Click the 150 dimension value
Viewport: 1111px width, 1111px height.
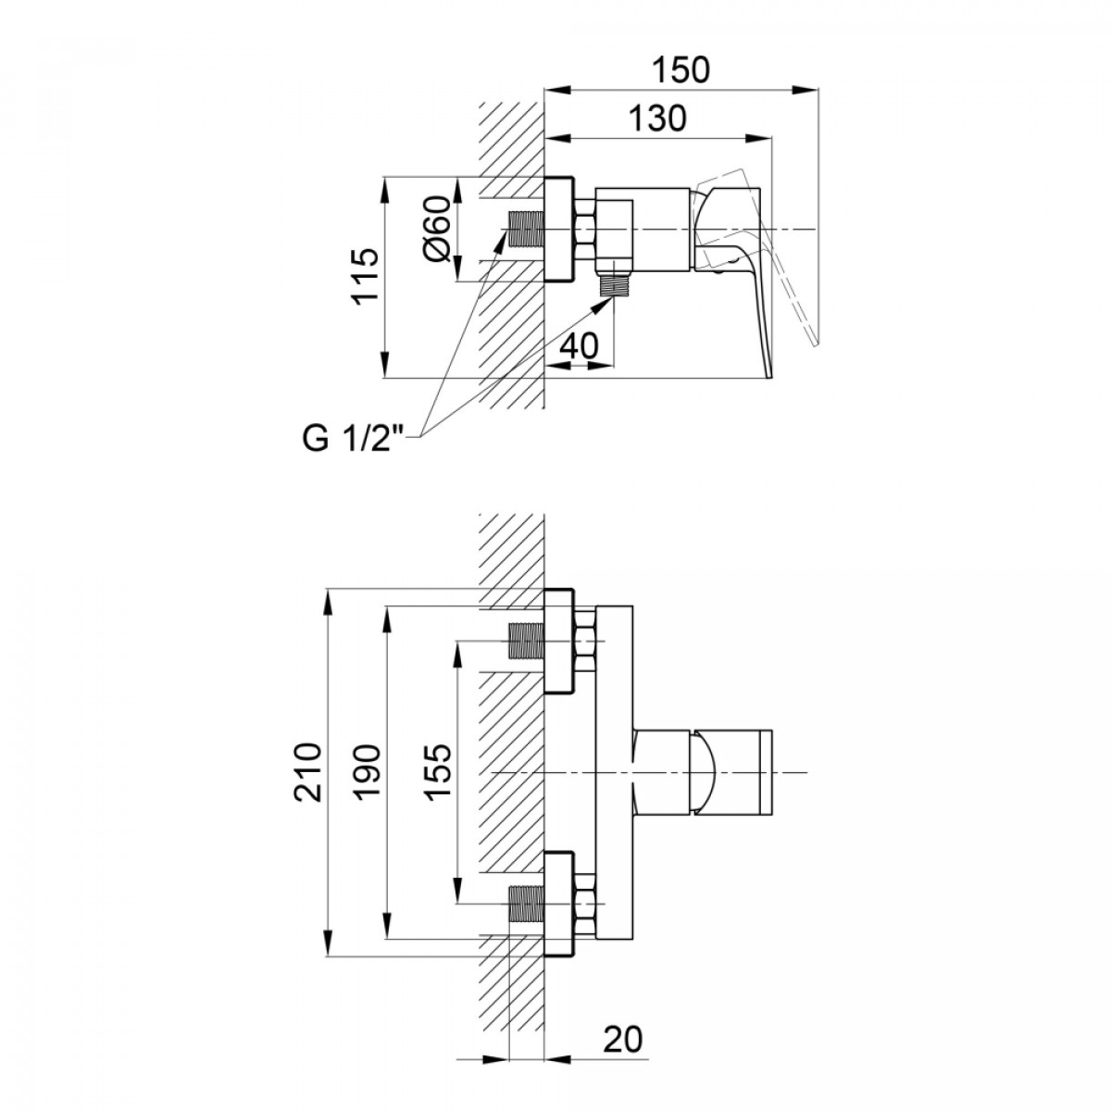[680, 69]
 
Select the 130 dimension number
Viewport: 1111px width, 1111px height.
[657, 119]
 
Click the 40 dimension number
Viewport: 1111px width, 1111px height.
[580, 346]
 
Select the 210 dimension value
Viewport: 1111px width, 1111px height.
[307, 772]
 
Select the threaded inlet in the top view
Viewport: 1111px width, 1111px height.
[525, 230]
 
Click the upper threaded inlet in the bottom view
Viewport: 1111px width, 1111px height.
[525, 641]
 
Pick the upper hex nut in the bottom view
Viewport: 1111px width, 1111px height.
[585, 641]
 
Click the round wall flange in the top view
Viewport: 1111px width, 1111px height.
[559, 230]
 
